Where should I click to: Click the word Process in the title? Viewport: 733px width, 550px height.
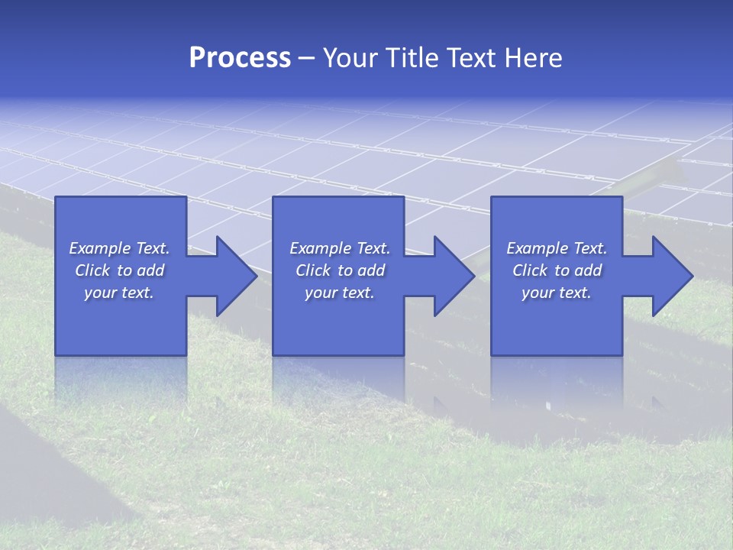[240, 58]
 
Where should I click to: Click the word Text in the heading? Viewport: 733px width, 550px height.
[473, 58]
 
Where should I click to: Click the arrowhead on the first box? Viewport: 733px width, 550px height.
[233, 276]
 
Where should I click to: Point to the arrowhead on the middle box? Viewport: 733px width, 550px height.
[451, 276]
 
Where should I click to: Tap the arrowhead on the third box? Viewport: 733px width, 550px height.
[669, 276]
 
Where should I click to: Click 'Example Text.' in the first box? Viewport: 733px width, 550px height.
[119, 248]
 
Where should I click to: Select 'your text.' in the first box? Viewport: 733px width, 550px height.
[119, 293]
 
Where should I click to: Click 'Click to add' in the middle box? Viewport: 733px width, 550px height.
[340, 270]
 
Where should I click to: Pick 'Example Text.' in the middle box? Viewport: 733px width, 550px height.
[340, 248]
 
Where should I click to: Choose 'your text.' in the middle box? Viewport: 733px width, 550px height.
[340, 293]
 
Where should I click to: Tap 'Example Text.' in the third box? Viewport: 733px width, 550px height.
[557, 248]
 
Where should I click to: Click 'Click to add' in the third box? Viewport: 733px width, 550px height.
[557, 270]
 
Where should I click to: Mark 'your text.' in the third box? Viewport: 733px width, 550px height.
[557, 293]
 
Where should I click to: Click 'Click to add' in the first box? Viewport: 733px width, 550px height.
[119, 270]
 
